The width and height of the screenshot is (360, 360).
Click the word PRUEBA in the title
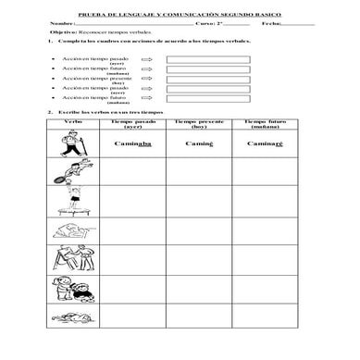pos(99,13)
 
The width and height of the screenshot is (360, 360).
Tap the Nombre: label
pos(60,22)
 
